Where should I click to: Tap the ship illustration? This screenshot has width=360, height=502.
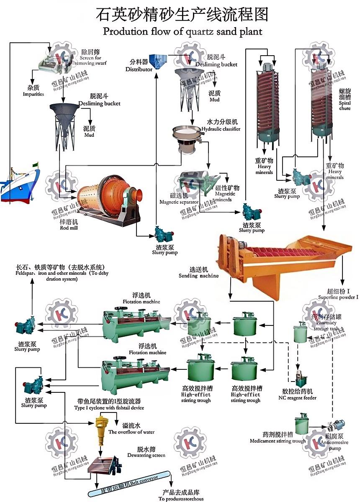19,184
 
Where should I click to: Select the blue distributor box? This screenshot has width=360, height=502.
158,61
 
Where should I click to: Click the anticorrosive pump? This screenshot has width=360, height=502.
336,427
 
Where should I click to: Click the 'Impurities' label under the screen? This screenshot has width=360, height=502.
33,94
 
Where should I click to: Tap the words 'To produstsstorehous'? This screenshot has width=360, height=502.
181,499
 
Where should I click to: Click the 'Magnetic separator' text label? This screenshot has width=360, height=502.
179,202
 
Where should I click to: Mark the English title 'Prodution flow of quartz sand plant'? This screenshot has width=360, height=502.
183,31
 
